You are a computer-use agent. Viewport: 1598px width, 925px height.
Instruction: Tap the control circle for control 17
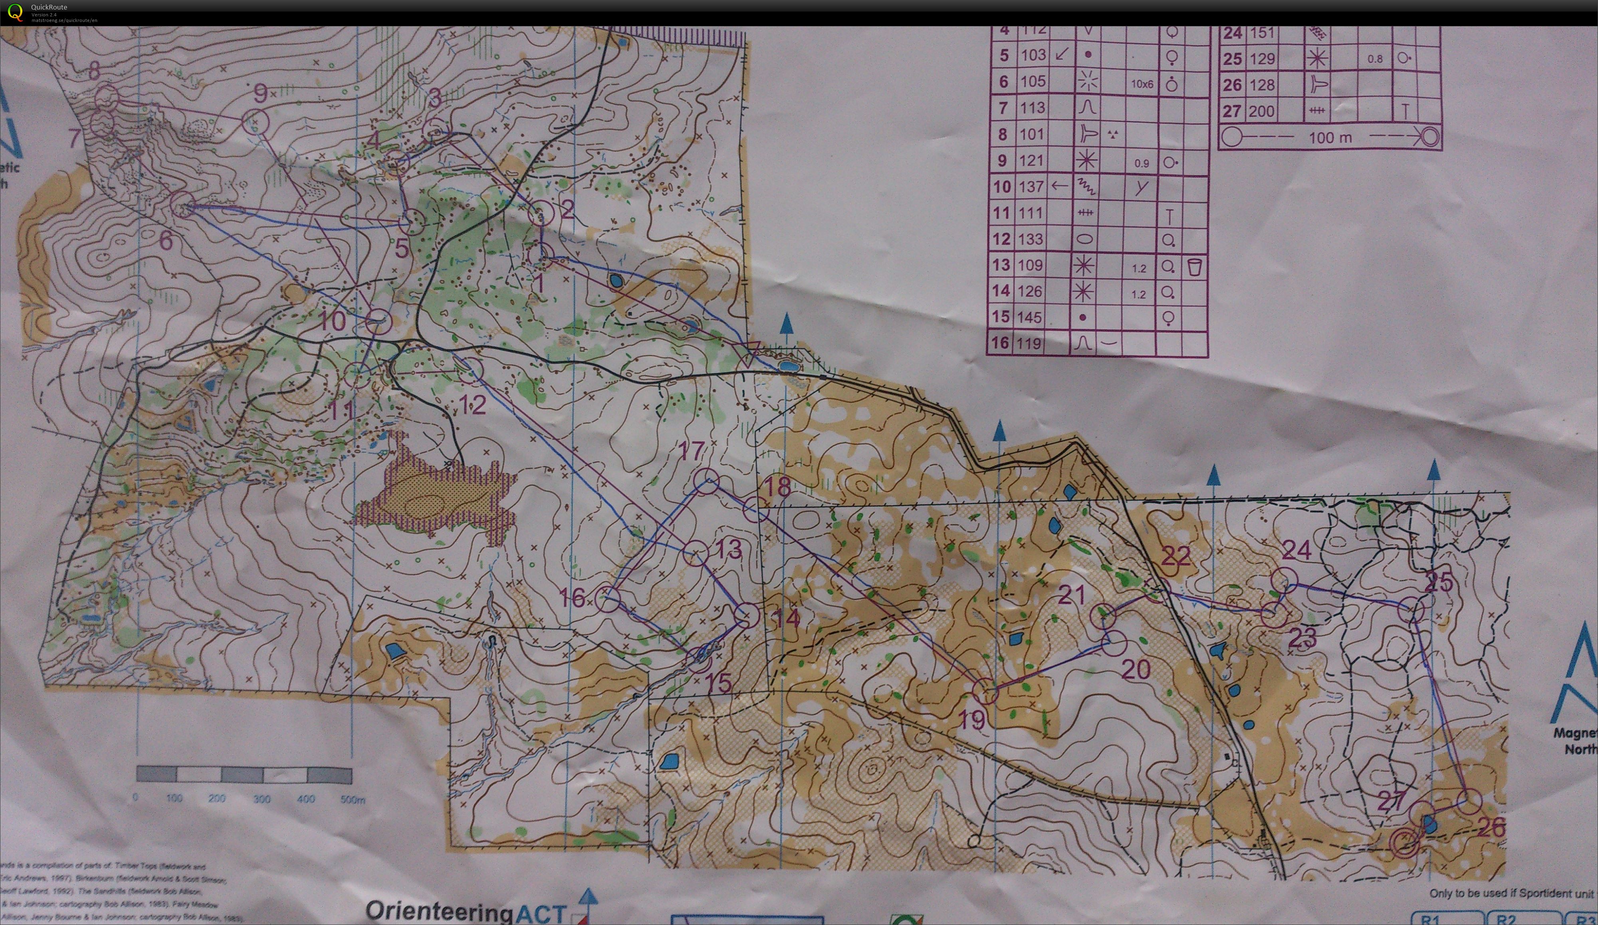click(x=706, y=481)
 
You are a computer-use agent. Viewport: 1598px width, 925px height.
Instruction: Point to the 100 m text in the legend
click(x=1330, y=137)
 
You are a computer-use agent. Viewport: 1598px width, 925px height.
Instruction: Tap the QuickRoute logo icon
click(x=14, y=12)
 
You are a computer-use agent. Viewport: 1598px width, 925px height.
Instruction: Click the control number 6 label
click(x=165, y=240)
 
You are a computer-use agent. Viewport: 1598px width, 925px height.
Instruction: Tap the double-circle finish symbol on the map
click(x=1404, y=843)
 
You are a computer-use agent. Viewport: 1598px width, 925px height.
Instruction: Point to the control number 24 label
click(x=1297, y=550)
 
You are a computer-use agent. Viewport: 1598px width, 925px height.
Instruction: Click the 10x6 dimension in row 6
click(x=1142, y=84)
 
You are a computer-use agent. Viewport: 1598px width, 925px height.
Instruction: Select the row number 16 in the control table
click(x=999, y=343)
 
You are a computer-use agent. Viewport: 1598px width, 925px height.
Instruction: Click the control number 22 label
click(x=1175, y=556)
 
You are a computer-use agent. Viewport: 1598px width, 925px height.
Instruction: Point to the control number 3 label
click(x=434, y=98)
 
